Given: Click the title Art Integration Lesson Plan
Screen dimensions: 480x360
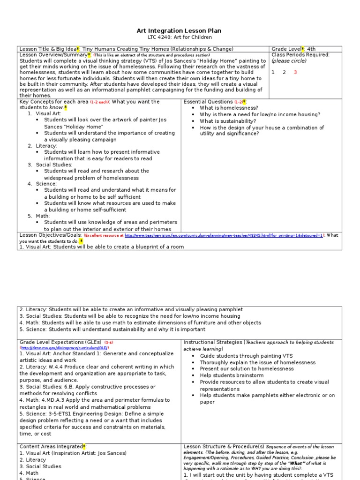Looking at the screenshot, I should tap(180, 30).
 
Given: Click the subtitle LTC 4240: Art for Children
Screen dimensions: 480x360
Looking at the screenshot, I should tap(180, 37).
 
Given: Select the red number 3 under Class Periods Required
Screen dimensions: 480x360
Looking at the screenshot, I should tap(295, 72).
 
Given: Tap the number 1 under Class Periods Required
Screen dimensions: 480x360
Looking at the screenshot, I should tap(273, 72).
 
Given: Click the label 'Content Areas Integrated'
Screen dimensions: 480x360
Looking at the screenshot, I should tap(51, 447).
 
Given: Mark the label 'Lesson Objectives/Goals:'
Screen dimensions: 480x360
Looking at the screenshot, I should tap(50, 235).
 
